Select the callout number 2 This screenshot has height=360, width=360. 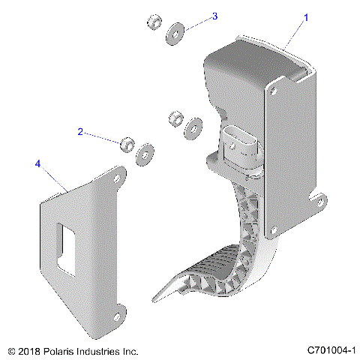click(80, 131)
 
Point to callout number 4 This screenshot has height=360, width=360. click(37, 162)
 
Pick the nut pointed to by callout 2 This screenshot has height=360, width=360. click(127, 142)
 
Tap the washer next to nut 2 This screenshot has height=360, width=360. click(143, 154)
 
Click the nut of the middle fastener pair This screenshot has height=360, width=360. click(175, 118)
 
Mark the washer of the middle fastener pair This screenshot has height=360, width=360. click(193, 127)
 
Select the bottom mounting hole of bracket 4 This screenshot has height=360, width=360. click(119, 308)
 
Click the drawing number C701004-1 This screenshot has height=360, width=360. click(331, 350)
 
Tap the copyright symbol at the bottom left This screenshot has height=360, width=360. click(10, 350)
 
